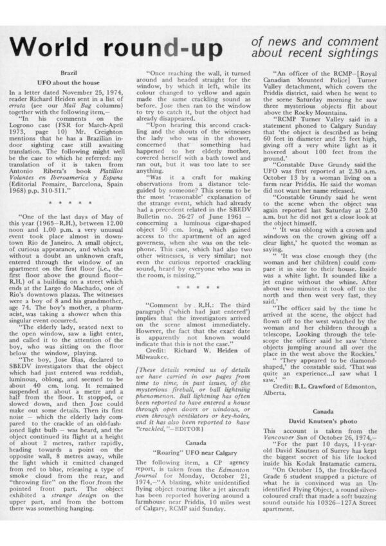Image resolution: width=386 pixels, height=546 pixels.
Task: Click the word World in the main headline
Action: (x=51, y=46)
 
